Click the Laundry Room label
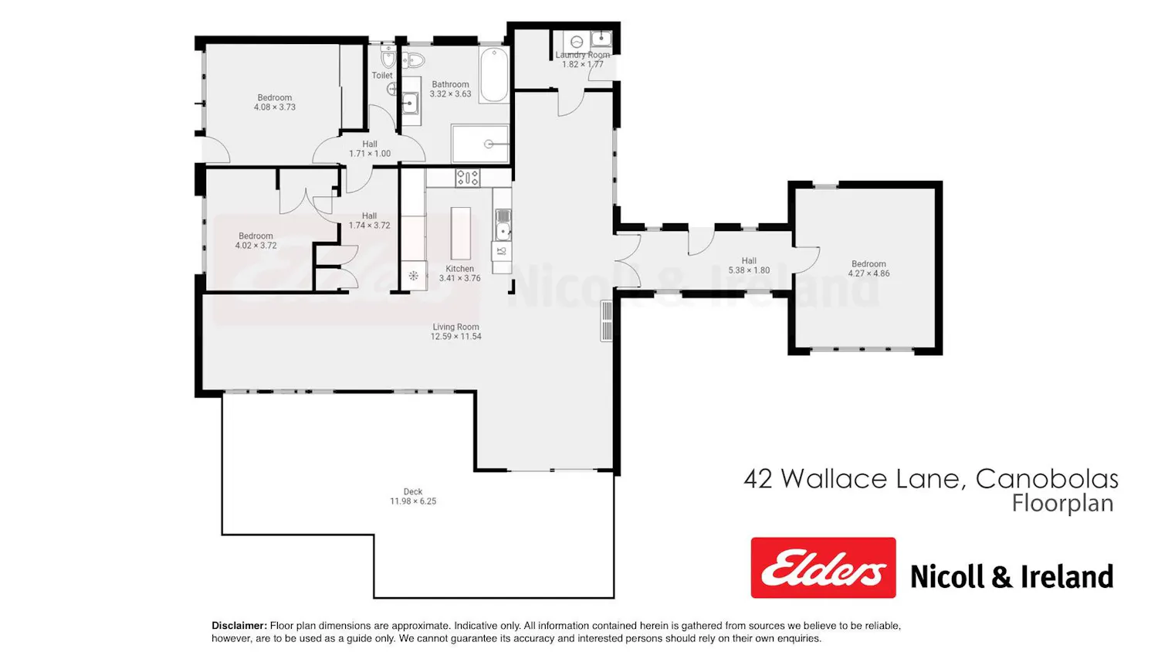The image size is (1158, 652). [583, 55]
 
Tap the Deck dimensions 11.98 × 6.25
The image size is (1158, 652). [413, 501]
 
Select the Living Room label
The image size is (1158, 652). [455, 327]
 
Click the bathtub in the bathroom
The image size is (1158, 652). [494, 75]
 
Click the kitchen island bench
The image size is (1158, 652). [461, 233]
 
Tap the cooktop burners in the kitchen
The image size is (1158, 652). [467, 178]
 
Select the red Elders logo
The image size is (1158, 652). [823, 568]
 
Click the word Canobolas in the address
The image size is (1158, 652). [1047, 479]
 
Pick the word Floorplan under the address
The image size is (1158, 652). [1062, 504]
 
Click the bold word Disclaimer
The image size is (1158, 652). [239, 626]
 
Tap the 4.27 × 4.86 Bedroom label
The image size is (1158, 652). [868, 269]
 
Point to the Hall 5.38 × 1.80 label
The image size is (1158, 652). [749, 266]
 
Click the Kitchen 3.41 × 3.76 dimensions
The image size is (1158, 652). [459, 278]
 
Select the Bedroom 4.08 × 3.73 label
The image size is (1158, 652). [275, 103]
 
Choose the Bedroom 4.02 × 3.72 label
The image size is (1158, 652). [256, 240]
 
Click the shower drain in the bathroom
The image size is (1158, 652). [488, 144]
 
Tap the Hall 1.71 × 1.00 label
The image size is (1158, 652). [370, 148]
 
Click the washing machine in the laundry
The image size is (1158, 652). [577, 42]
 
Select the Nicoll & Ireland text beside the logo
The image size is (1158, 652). [1011, 576]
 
